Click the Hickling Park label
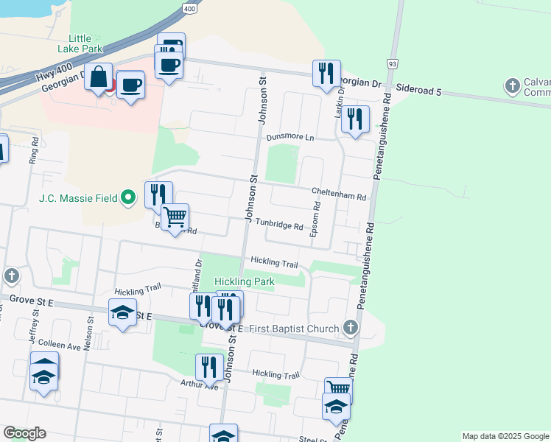coord(244,282)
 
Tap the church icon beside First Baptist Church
coord(351,328)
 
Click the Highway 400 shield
coord(191,8)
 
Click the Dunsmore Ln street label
coord(289,138)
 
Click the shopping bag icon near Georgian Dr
coord(99,76)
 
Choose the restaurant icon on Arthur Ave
coord(209,366)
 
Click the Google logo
coord(24,433)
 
